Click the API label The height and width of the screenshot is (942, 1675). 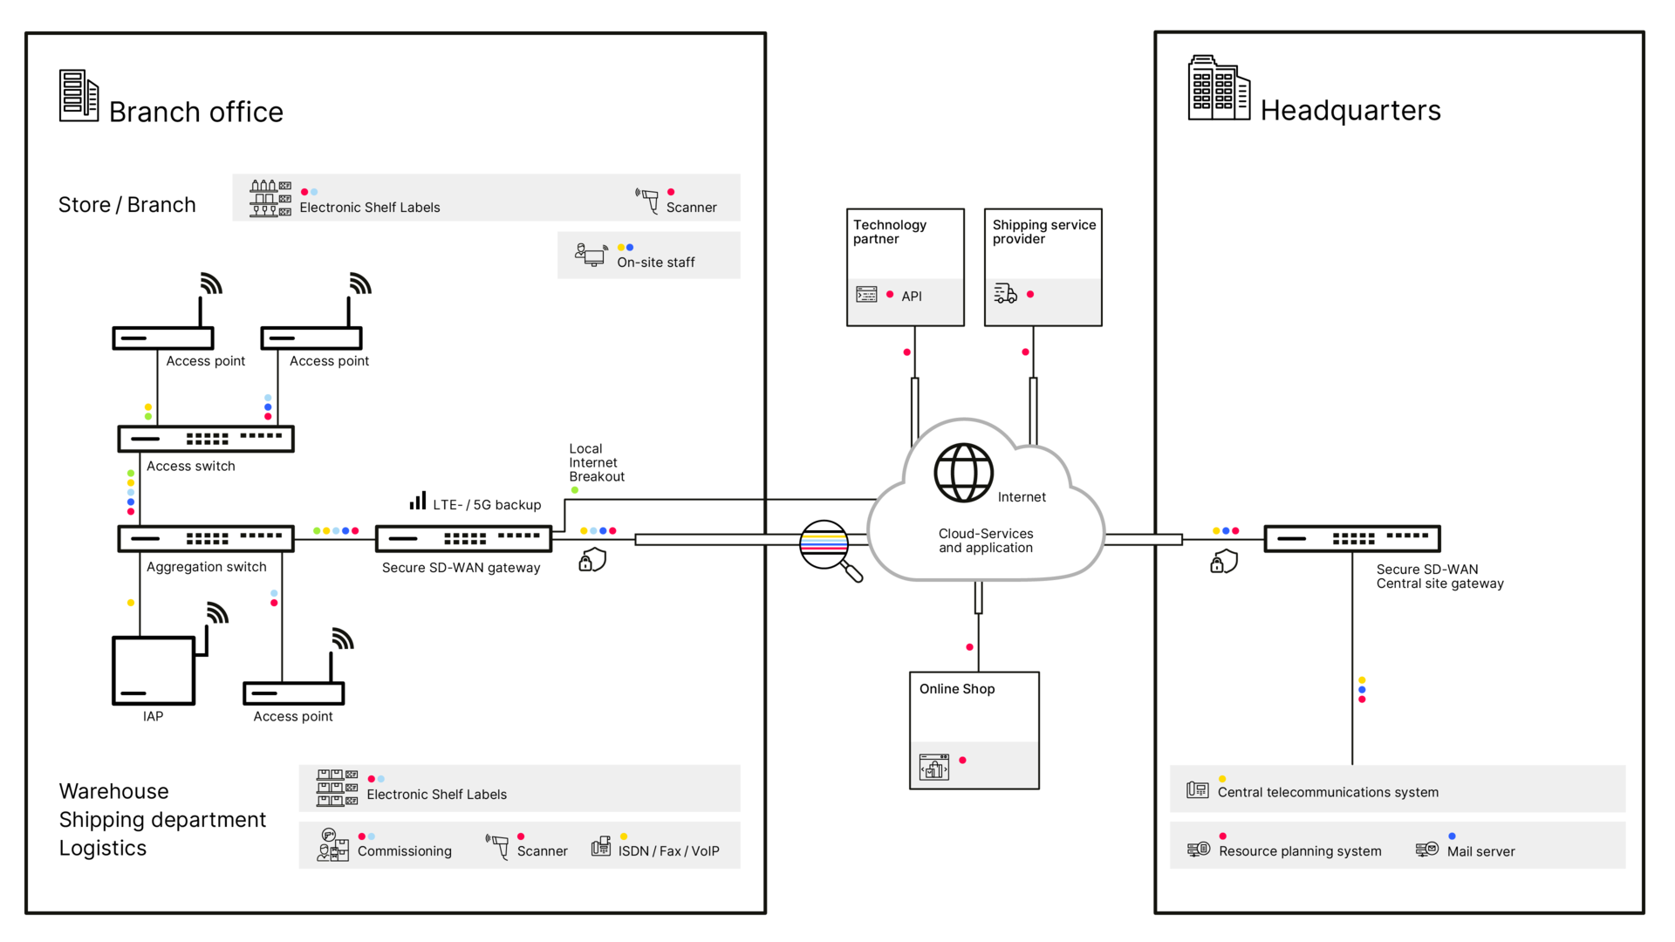(912, 297)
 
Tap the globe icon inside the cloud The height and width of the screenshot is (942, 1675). (964, 473)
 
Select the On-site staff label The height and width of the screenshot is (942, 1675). (655, 263)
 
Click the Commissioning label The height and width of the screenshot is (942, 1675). (405, 851)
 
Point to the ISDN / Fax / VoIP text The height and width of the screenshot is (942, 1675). (668, 851)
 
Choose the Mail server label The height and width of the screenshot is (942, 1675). (1480, 851)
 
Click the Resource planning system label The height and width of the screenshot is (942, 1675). (1300, 851)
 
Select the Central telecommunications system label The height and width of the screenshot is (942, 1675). (1328, 792)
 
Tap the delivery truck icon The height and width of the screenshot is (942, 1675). (1005, 294)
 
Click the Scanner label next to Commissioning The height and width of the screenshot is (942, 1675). (542, 851)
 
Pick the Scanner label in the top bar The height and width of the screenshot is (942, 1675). (691, 208)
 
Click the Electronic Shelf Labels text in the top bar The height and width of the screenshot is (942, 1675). (370, 208)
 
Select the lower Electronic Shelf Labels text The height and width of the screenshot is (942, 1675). (436, 795)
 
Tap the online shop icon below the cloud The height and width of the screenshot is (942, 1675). (933, 768)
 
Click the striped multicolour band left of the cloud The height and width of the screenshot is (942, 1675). (824, 543)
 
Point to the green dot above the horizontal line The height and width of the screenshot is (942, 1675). (575, 490)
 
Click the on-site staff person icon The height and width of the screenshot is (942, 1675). (591, 254)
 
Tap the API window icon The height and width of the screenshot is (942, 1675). (866, 295)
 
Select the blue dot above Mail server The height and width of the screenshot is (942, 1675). (1452, 836)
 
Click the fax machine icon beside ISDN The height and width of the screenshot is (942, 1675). (601, 846)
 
